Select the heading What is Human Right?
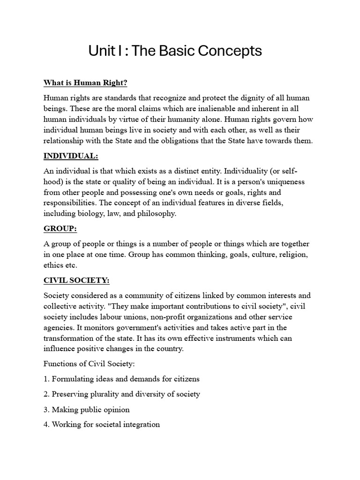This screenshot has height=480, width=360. pyautogui.click(x=85, y=83)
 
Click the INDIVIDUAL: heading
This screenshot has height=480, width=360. pyautogui.click(x=71, y=156)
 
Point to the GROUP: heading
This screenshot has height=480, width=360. pyautogui.click(x=60, y=229)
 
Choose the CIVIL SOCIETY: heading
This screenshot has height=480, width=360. pyautogui.click(x=76, y=280)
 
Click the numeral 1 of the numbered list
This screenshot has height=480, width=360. pyautogui.click(x=45, y=379)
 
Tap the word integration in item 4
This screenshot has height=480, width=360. pyautogui.click(x=140, y=425)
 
